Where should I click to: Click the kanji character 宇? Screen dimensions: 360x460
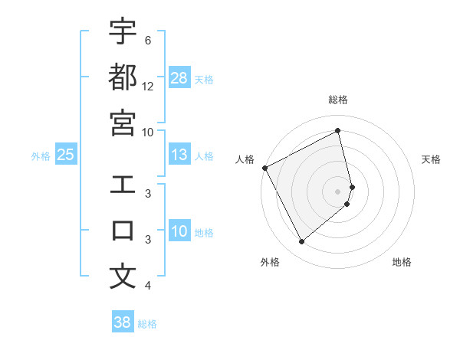pyautogui.click(x=123, y=31)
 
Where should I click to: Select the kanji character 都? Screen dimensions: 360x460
pyautogui.click(x=123, y=77)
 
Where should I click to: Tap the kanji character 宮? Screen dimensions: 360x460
pyautogui.click(x=123, y=123)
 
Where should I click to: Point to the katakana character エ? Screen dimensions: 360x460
pyautogui.click(x=123, y=185)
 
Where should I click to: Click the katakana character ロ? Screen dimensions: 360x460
pyautogui.click(x=123, y=231)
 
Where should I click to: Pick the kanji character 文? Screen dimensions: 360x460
pyautogui.click(x=123, y=277)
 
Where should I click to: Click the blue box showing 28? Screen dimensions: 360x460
pyautogui.click(x=179, y=78)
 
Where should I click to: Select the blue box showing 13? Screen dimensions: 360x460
pyautogui.click(x=179, y=155)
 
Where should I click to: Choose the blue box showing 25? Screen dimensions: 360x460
pyautogui.click(x=66, y=155)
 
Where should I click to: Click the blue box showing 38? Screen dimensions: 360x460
pyautogui.click(x=123, y=322)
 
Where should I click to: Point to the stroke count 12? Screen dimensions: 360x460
pyautogui.click(x=148, y=87)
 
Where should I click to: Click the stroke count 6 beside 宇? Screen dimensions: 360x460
pyautogui.click(x=148, y=40)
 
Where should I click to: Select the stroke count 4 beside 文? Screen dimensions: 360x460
pyautogui.click(x=148, y=286)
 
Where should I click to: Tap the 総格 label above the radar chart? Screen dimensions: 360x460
pyautogui.click(x=338, y=100)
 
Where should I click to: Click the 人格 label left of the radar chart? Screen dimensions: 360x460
pyautogui.click(x=245, y=159)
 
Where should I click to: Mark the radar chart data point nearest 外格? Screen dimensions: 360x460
pyautogui.click(x=301, y=242)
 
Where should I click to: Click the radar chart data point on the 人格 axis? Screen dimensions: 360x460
pyautogui.click(x=264, y=168)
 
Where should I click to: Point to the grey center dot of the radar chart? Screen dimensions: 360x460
pyautogui.click(x=338, y=191)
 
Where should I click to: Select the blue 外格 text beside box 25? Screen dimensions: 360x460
pyautogui.click(x=41, y=156)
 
